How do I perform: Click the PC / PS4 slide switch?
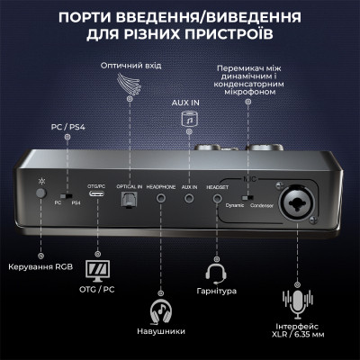point(63,195)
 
